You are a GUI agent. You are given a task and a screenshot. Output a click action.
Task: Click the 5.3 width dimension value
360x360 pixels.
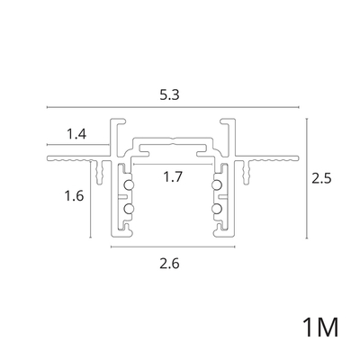coord(169,94)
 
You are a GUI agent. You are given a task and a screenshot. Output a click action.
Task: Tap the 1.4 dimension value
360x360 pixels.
coord(76,134)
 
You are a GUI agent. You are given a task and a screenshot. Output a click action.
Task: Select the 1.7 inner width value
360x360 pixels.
coord(173,176)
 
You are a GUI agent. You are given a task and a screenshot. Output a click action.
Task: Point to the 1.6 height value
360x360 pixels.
coord(74,196)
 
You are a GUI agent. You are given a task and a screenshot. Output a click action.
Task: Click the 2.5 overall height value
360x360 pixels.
coord(321,179)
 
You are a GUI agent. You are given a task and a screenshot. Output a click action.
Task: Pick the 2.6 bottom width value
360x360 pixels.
coord(169,264)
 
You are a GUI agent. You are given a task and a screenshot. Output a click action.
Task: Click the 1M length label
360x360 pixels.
coord(320,328)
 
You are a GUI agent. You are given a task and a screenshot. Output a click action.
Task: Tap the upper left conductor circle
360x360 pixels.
coord(130,185)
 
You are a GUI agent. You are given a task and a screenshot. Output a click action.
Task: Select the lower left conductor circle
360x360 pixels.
coord(130,208)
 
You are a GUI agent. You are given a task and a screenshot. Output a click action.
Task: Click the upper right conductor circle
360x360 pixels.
coord(216,185)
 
